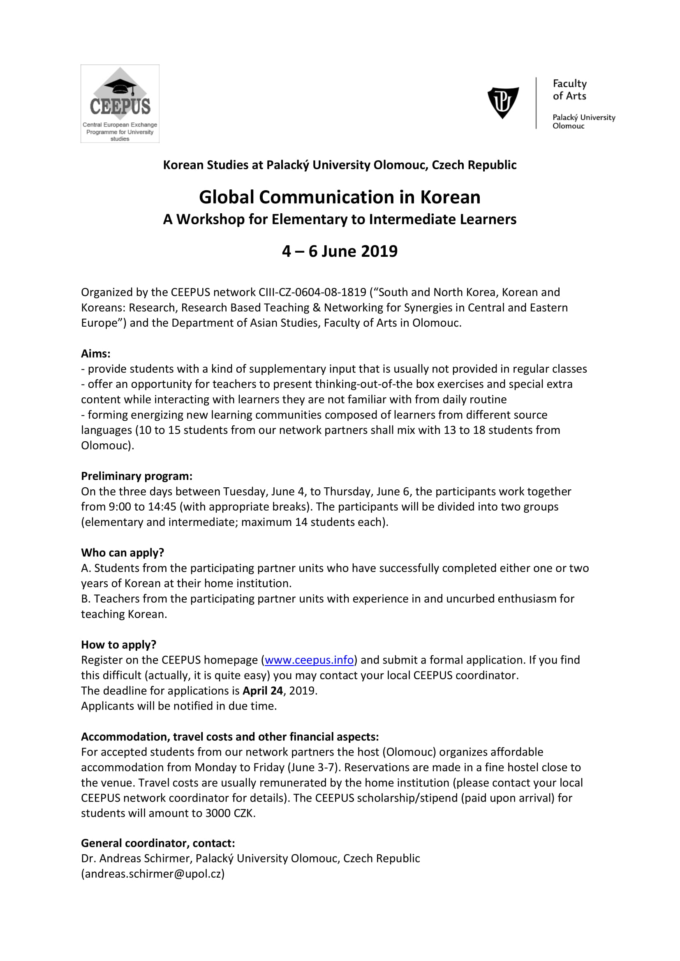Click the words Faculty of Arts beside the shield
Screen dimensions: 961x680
[x=569, y=90]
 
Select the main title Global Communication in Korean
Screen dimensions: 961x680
[x=340, y=197]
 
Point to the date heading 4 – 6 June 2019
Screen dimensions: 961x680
[x=340, y=251]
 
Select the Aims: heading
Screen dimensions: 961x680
[x=96, y=354]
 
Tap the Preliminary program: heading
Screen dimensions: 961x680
[x=136, y=476]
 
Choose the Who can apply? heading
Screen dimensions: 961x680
[x=123, y=553]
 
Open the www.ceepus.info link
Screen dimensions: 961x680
[x=309, y=660]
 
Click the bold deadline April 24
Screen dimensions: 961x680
[x=263, y=691]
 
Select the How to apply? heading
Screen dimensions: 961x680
[x=118, y=645]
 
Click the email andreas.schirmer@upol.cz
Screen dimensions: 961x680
[x=153, y=874]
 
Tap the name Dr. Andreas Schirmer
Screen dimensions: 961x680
[x=136, y=858]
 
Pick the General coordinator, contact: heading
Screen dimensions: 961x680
[x=158, y=843]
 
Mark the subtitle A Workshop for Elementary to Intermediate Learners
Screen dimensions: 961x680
[x=340, y=219]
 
